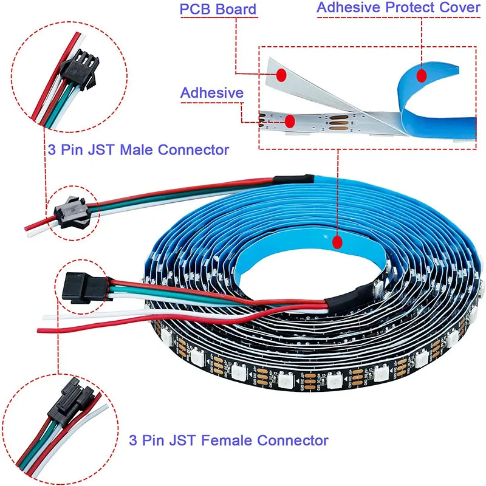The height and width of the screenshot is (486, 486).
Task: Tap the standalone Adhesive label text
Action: click(x=212, y=92)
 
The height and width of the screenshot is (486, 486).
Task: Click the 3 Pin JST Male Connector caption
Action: click(x=138, y=149)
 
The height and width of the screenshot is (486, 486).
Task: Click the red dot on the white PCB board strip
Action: click(x=281, y=75)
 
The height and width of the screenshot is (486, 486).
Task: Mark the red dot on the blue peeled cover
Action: click(x=422, y=75)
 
